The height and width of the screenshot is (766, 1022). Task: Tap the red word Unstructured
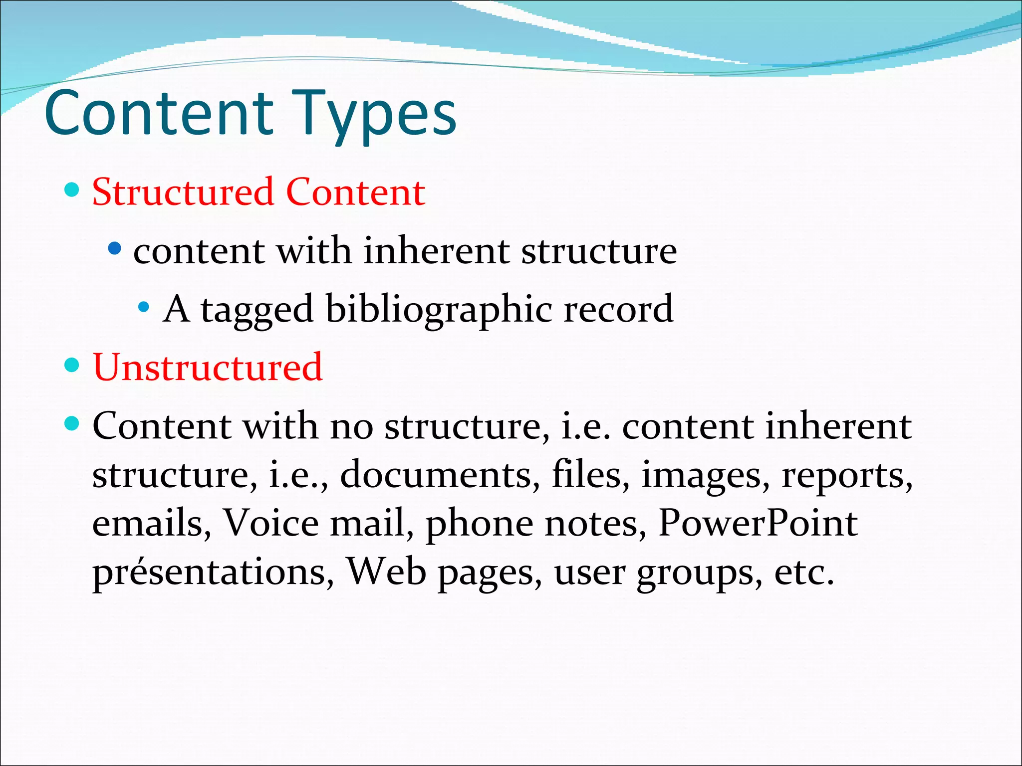coord(208,367)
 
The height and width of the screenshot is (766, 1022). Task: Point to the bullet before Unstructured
coord(72,365)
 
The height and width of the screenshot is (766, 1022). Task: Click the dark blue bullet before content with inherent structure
coord(115,248)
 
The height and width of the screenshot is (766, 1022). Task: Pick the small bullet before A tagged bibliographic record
coord(144,306)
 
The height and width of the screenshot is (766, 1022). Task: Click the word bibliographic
coord(439,309)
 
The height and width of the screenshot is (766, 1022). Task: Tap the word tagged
coord(256,310)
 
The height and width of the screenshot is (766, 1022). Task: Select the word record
coord(618,309)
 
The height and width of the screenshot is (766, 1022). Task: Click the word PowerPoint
coord(758,523)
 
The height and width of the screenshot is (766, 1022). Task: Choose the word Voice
coord(270,523)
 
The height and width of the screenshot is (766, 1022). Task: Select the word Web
coord(386,572)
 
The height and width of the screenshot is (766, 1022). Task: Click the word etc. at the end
coord(804,572)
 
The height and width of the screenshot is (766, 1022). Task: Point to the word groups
coord(699,574)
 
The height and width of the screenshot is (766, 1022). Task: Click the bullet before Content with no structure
coord(72,424)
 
